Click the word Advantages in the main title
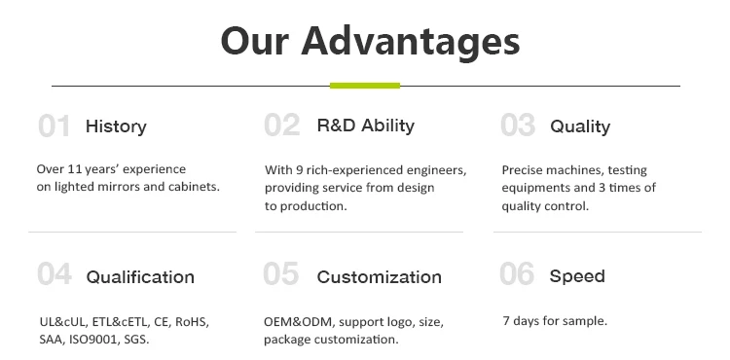(410, 43)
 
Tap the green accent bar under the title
(365, 86)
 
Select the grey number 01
(54, 126)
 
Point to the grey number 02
(281, 126)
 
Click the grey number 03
(518, 126)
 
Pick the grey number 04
(55, 273)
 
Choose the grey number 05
(280, 273)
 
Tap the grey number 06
(517, 273)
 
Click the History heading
(116, 126)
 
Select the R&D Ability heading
(365, 126)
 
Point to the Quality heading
(580, 126)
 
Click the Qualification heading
(140, 277)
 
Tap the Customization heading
(379, 277)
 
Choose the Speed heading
(577, 276)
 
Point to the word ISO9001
(92, 340)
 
